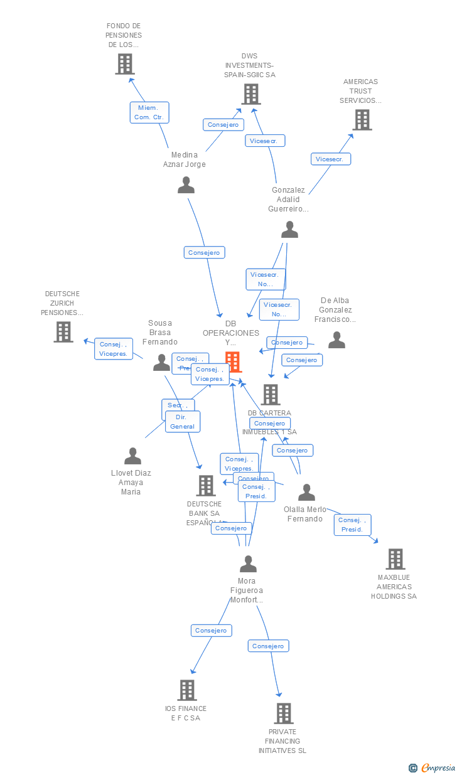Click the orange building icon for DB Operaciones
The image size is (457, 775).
pos(234,362)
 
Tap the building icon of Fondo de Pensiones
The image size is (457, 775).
pos(125,64)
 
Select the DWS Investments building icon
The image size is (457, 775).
pos(251,94)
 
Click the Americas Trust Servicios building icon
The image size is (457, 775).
pos(362,120)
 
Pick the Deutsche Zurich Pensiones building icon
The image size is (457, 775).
pos(63,332)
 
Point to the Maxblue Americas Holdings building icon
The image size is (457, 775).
pos(395,559)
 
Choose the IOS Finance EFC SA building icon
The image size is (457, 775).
pos(187,690)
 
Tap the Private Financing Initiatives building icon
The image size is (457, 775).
pos(284,714)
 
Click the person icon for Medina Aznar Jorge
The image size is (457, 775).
pos(186,185)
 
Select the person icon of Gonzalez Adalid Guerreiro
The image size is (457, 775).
pos(289,230)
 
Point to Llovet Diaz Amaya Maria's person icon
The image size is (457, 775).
pos(132,456)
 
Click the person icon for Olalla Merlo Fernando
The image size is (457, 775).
pos(306,493)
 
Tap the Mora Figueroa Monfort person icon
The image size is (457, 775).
pos(248,564)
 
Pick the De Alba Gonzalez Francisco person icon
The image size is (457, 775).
pos(337,340)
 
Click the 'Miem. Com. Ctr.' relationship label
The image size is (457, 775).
pos(149,112)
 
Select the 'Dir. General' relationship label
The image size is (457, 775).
pos(183,422)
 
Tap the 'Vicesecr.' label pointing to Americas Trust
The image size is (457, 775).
pos(330,159)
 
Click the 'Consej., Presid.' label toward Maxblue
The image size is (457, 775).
pos(353,525)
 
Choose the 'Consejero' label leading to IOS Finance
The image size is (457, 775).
pos(211,630)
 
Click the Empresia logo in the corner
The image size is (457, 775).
pos(433,767)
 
